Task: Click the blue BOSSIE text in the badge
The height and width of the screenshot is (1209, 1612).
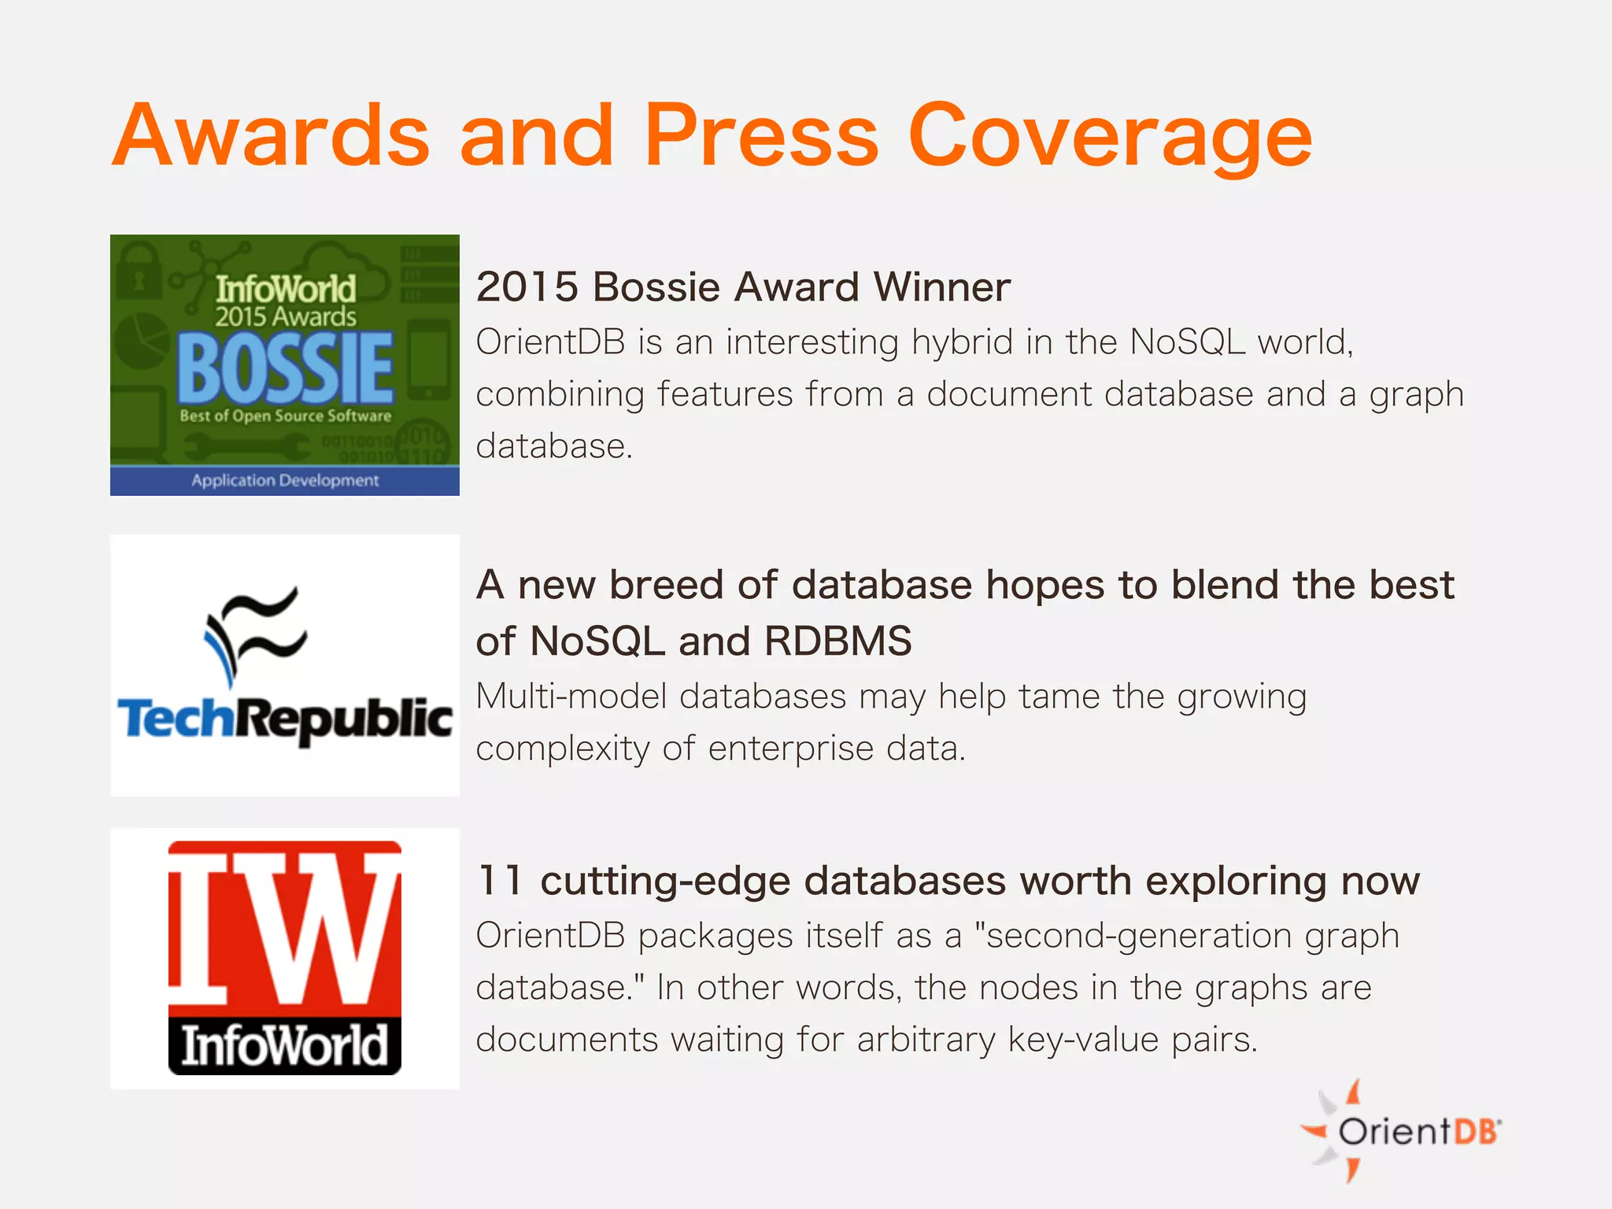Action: [x=285, y=368]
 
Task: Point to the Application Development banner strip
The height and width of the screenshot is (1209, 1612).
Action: [x=285, y=480]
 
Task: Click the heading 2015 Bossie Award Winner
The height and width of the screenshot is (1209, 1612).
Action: [x=743, y=287]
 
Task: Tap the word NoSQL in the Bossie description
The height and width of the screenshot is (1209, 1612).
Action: [x=1188, y=342]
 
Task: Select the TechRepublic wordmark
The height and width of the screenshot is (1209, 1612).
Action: [x=285, y=719]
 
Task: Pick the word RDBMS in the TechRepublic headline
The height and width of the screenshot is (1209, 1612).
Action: [x=837, y=641]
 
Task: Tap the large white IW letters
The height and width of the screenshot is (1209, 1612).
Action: [x=285, y=925]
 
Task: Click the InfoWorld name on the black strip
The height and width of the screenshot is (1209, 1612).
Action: [x=285, y=1045]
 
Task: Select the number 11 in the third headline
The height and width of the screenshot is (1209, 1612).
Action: [x=501, y=880]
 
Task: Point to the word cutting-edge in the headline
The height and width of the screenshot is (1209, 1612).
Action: [x=665, y=880]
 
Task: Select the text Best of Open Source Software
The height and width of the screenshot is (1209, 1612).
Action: [x=285, y=416]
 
